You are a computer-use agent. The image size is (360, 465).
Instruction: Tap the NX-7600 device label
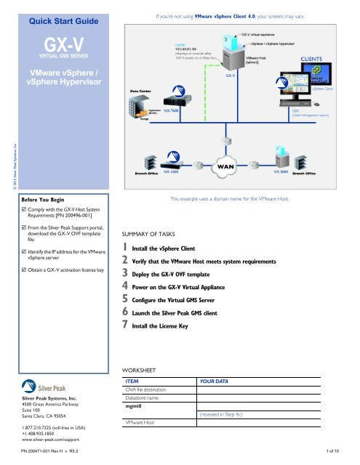173,110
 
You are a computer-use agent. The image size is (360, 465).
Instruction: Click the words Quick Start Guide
64,10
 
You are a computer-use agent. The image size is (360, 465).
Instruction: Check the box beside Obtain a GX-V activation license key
25,271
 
